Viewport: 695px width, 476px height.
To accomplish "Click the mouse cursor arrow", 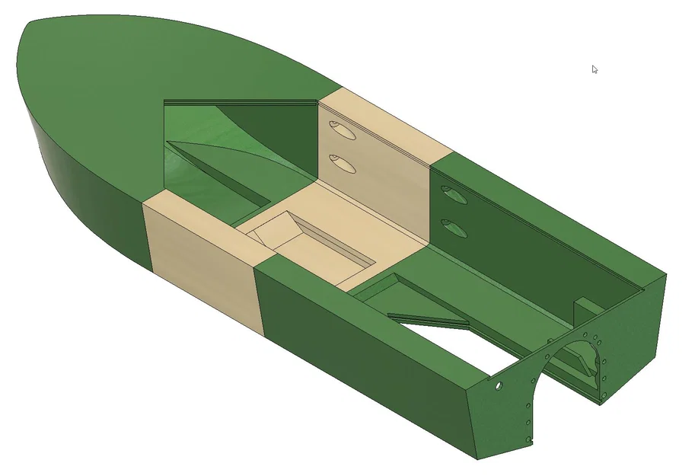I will (x=595, y=69).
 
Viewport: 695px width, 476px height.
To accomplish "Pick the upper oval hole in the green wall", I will (x=454, y=196).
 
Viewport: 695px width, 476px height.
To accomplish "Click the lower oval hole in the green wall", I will (x=454, y=227).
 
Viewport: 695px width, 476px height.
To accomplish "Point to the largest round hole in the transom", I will (x=499, y=385).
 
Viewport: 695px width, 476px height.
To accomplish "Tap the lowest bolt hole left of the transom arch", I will (x=530, y=440).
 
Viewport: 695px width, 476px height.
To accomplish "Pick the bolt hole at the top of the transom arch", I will (x=585, y=335).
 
